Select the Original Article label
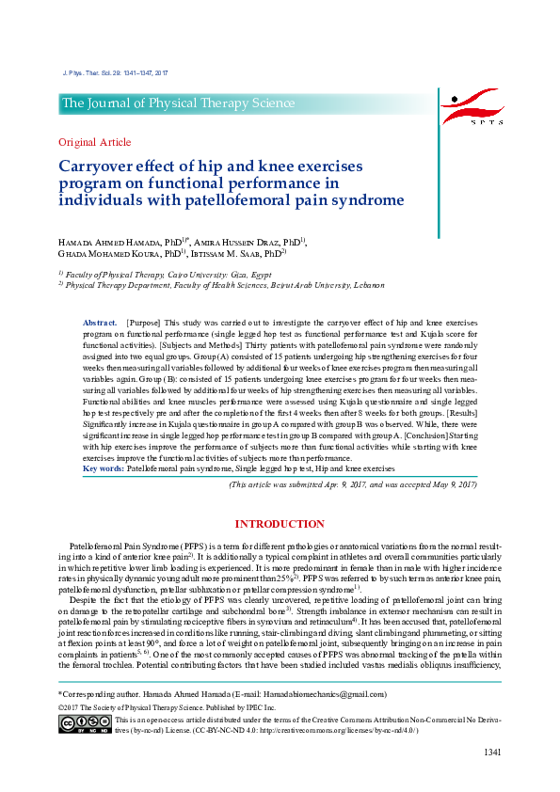tap(95, 142)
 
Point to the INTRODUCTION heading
tap(280, 524)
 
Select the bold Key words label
tap(104, 467)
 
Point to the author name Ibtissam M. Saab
tap(224, 253)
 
